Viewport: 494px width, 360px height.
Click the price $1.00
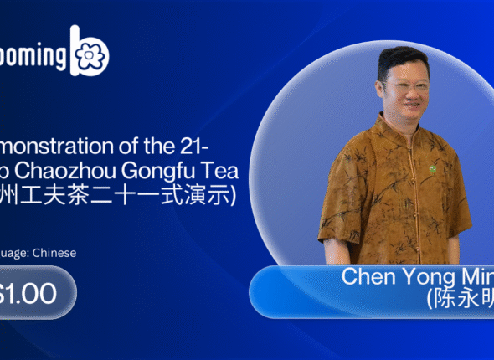[x=29, y=293]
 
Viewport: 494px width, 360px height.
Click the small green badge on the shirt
[x=434, y=169]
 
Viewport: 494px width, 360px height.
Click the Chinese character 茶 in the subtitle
[x=87, y=198]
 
